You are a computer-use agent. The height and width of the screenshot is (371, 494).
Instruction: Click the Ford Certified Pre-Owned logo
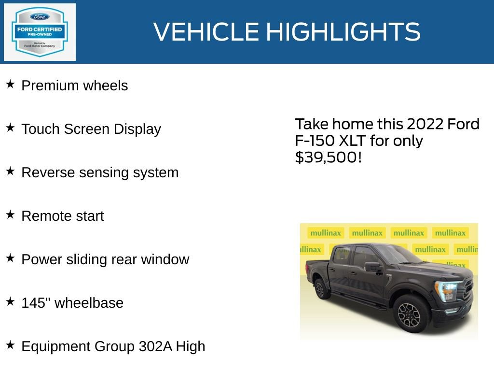pos(40,32)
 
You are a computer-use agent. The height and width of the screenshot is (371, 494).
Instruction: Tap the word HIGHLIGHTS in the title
pos(343,32)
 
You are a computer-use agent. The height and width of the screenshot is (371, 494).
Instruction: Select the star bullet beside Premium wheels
pos(10,85)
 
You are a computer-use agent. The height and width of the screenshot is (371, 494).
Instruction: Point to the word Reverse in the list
pos(46,172)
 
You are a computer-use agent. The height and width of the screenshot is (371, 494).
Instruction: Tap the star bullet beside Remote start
pos(10,215)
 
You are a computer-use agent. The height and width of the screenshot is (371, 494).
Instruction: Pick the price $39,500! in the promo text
pos(328,157)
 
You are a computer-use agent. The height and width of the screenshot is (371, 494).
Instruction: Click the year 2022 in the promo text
pos(425,124)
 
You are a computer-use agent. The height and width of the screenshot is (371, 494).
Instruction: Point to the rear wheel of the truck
pos(320,289)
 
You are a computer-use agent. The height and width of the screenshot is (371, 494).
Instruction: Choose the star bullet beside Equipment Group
pos(10,345)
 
